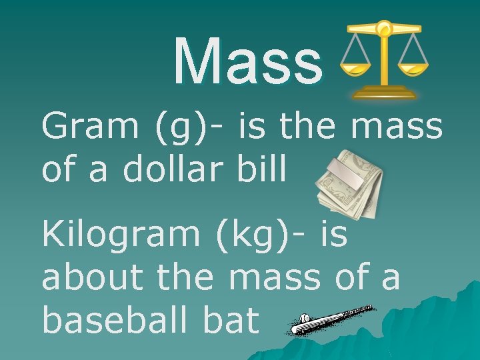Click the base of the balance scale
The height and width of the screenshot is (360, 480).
click(x=385, y=92)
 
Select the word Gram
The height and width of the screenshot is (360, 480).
click(x=89, y=126)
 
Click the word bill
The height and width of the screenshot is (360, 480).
click(x=266, y=169)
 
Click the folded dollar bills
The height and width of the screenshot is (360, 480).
click(x=350, y=187)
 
